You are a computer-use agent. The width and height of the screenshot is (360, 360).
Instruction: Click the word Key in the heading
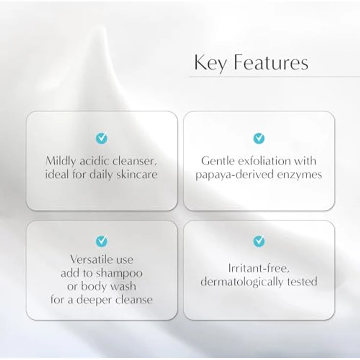pos(211,63)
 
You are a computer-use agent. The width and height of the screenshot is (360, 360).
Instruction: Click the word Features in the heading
pos(271,62)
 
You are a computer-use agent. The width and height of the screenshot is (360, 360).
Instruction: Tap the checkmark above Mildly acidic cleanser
pos(101,138)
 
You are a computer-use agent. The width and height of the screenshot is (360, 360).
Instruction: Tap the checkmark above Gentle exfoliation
pos(259,138)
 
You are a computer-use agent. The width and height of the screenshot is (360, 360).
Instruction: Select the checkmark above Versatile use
pos(101,241)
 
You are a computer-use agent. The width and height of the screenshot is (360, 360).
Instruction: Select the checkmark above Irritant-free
pos(259,241)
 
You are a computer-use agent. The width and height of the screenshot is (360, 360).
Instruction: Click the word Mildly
pos(61,161)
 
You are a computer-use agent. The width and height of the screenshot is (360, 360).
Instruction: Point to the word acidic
pos(94,161)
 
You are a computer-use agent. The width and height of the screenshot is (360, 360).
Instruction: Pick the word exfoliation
pos(264,161)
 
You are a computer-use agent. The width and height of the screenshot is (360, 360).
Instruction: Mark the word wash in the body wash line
pos(123,286)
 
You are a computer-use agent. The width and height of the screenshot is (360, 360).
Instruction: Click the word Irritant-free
pos(259,269)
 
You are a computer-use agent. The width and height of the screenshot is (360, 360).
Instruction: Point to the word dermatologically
pos(242,282)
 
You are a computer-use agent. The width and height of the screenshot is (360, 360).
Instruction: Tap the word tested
pos(302,282)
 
